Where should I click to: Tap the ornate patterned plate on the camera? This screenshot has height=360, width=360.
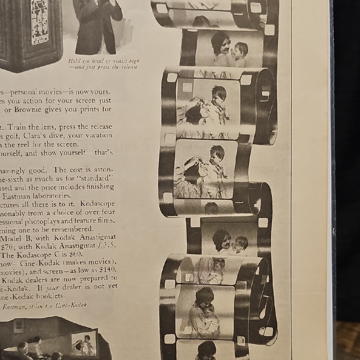coord(39,22)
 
